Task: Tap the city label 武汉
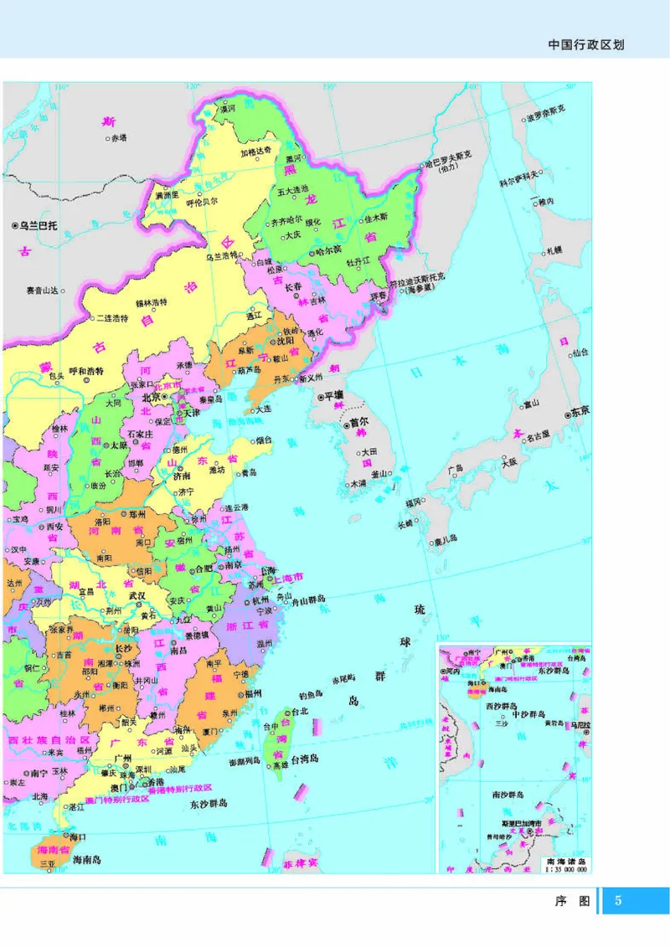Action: point(137,595)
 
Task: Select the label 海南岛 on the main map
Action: point(86,860)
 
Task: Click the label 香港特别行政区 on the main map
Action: point(179,788)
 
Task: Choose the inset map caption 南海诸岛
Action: point(567,861)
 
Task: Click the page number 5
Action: point(619,901)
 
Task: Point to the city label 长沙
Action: point(123,647)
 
